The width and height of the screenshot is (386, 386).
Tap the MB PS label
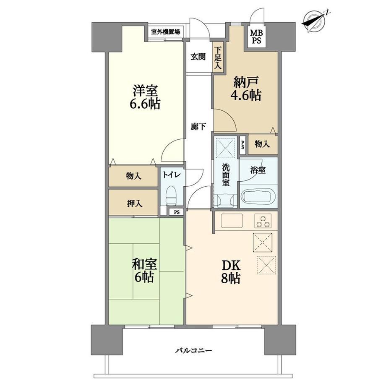point(256,36)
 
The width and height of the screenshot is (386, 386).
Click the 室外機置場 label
point(165,32)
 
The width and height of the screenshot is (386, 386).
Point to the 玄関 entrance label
point(198,57)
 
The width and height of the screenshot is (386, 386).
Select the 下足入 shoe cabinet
point(218,58)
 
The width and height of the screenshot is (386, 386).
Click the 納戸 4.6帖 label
point(246,89)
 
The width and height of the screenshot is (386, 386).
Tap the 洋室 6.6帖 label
point(145,97)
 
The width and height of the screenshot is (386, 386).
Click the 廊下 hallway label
point(198,127)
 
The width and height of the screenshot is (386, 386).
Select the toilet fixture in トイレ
point(171,195)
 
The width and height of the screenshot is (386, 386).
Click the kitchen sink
point(232,220)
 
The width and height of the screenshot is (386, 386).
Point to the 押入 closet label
point(134,203)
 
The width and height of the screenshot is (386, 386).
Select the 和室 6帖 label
point(144,270)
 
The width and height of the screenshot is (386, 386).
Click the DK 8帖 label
point(230,271)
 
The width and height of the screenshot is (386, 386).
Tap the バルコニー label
point(193,350)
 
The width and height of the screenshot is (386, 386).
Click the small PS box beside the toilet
point(177,212)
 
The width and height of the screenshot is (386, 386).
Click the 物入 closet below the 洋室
point(133,176)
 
